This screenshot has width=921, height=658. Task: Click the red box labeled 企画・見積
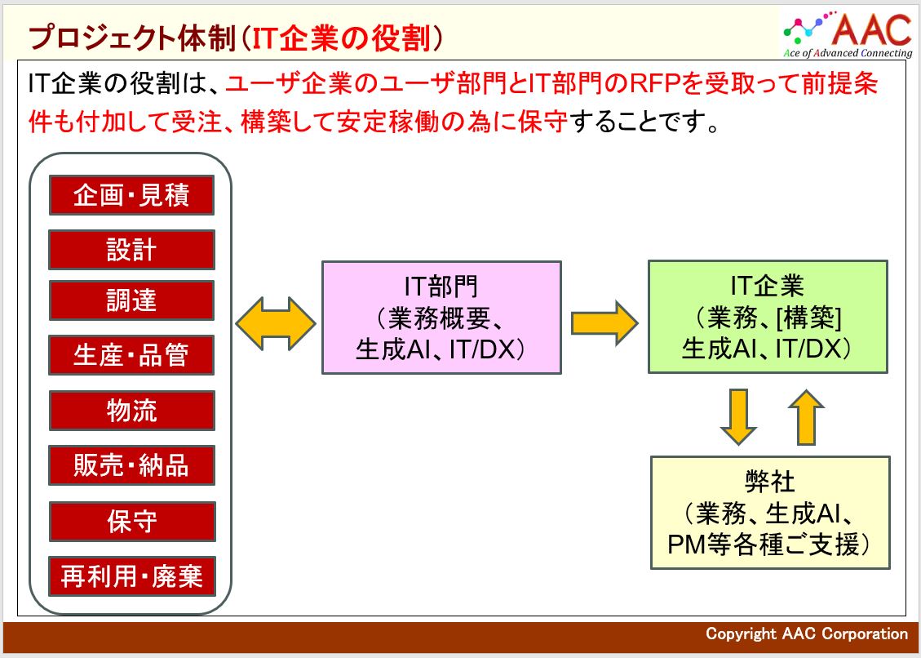coord(131,195)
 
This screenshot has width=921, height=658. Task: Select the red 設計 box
coord(131,249)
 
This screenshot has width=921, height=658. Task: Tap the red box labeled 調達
coord(131,300)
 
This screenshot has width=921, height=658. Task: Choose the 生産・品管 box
coord(131,355)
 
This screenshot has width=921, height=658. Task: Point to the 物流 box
coord(131,411)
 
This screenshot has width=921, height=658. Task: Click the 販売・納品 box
coord(131,465)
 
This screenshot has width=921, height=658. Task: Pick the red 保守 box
coord(132,522)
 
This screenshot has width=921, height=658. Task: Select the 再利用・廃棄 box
coord(132,576)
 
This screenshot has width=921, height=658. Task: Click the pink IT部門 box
coord(441,318)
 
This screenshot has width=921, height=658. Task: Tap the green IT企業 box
coord(768,317)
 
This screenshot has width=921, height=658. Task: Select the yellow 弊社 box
coord(770,513)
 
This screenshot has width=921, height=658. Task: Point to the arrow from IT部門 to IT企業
coord(604,322)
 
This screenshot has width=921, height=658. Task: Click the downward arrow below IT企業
coord(738,416)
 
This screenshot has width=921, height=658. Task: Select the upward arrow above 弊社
coord(806,417)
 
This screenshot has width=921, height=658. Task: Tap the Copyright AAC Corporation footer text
coord(807,634)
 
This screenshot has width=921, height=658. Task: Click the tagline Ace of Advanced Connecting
coord(848,53)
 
